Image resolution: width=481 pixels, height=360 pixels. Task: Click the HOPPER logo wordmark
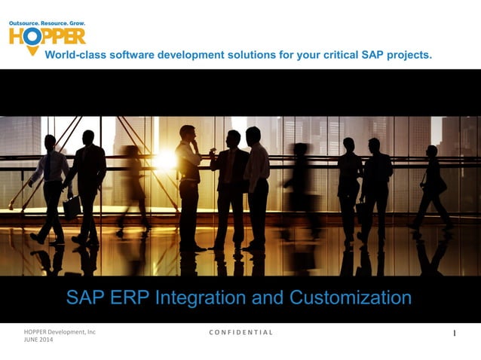(x=47, y=36)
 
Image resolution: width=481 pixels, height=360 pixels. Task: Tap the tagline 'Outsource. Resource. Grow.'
(x=47, y=24)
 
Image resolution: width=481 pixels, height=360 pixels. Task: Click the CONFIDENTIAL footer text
(x=240, y=332)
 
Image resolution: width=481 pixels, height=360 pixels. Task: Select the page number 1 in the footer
(x=455, y=333)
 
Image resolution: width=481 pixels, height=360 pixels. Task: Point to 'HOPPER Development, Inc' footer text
(x=60, y=331)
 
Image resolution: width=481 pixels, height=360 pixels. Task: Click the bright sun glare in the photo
(x=164, y=160)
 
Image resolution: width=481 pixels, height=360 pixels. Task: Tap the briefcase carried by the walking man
(x=72, y=207)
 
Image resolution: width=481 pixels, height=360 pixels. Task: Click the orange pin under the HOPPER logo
(x=32, y=50)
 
